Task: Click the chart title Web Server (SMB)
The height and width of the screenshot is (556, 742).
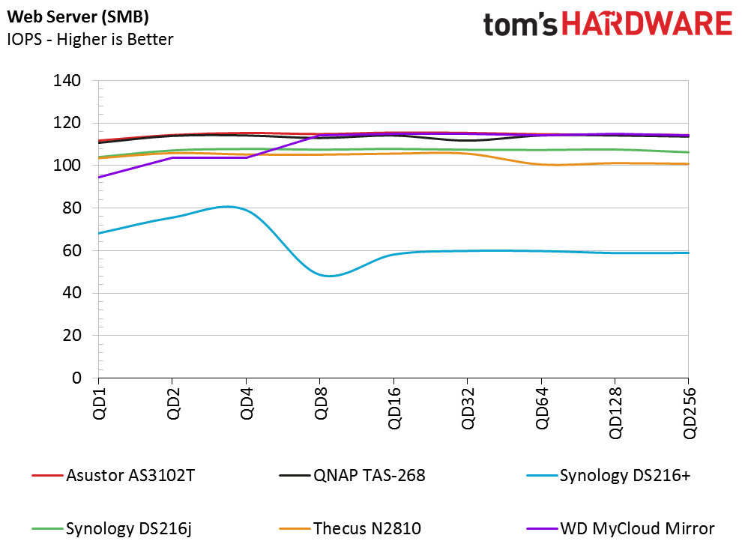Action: (78, 17)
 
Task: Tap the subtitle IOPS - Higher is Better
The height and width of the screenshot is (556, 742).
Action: (90, 39)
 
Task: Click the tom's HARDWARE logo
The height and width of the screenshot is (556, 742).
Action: (607, 24)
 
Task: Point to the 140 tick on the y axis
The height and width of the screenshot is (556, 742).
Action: (67, 80)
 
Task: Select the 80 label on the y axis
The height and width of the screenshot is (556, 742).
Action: (71, 208)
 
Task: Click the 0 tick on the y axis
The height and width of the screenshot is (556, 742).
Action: (76, 378)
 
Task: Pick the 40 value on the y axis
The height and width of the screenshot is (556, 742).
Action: (71, 292)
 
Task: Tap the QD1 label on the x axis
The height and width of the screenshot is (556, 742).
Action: (100, 403)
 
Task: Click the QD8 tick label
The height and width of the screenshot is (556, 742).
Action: (320, 403)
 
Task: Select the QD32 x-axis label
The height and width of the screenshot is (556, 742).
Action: (468, 408)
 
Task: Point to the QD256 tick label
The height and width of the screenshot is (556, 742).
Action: (689, 413)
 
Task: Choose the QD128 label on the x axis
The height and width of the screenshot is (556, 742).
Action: (615, 413)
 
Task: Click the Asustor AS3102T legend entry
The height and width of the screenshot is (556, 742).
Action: (114, 475)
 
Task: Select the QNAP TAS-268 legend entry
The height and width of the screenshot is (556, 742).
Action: (352, 475)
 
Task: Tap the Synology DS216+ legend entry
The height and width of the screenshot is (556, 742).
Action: (609, 475)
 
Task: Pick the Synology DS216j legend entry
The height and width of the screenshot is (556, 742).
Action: (112, 528)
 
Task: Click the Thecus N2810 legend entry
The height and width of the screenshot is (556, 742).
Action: (350, 528)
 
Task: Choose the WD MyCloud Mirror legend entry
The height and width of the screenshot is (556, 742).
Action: (621, 528)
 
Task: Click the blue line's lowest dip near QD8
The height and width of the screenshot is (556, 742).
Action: (329, 276)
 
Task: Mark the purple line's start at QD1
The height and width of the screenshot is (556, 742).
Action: (98, 178)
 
